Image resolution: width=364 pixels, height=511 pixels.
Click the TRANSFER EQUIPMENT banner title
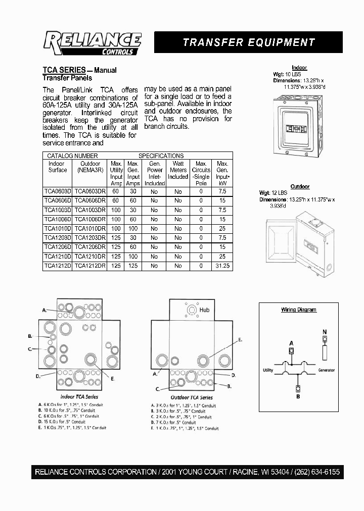coord(249,43)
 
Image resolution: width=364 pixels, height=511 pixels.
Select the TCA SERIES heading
coord(63,70)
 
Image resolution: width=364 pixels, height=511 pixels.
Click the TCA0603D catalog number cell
coord(57,191)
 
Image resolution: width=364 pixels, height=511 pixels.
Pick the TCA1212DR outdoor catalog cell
coord(89,266)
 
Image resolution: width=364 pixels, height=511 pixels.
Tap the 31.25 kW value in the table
coord(222,266)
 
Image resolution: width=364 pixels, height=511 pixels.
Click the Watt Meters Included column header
coord(178,170)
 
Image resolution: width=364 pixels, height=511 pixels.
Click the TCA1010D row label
coord(57,229)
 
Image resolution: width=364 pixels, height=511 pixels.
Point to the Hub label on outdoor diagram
coord(204,310)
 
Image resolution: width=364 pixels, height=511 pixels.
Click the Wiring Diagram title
coord(299,310)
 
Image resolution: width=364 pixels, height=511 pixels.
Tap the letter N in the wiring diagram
coord(324,332)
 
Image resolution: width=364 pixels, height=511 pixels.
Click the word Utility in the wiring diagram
coord(268,370)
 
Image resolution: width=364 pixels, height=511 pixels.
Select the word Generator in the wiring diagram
coord(326,370)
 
